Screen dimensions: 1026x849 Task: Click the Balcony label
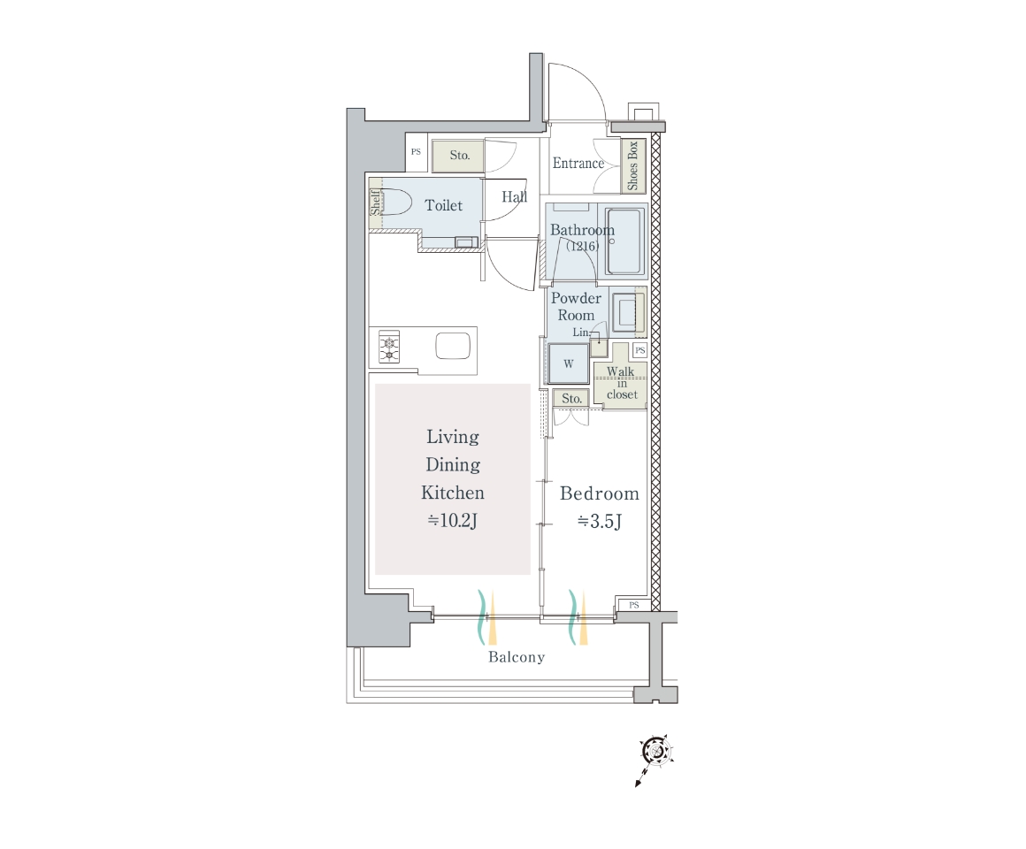click(x=517, y=657)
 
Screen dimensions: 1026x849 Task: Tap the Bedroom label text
click(x=600, y=493)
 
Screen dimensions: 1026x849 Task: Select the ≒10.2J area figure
click(x=452, y=521)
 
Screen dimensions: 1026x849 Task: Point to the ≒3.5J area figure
click(x=600, y=521)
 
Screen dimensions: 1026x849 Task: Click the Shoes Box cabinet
click(x=632, y=165)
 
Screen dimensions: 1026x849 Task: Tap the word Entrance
click(x=578, y=163)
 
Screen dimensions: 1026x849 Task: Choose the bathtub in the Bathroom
click(x=624, y=242)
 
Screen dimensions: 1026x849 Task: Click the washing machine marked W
click(x=568, y=363)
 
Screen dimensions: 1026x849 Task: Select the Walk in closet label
click(x=621, y=383)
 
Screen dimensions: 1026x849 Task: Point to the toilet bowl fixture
click(x=395, y=202)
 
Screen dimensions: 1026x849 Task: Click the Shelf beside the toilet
click(x=375, y=203)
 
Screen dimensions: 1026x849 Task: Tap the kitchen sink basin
click(x=453, y=346)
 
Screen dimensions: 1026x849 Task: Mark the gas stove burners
click(x=389, y=348)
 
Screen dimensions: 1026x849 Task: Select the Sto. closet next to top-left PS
click(x=458, y=156)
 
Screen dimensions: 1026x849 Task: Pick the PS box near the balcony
click(x=633, y=605)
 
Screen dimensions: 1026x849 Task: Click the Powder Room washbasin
click(x=627, y=311)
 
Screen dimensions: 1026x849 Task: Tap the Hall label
click(x=514, y=196)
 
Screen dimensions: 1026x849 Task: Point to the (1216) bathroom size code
click(x=582, y=246)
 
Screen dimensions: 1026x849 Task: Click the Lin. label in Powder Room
click(x=581, y=333)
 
